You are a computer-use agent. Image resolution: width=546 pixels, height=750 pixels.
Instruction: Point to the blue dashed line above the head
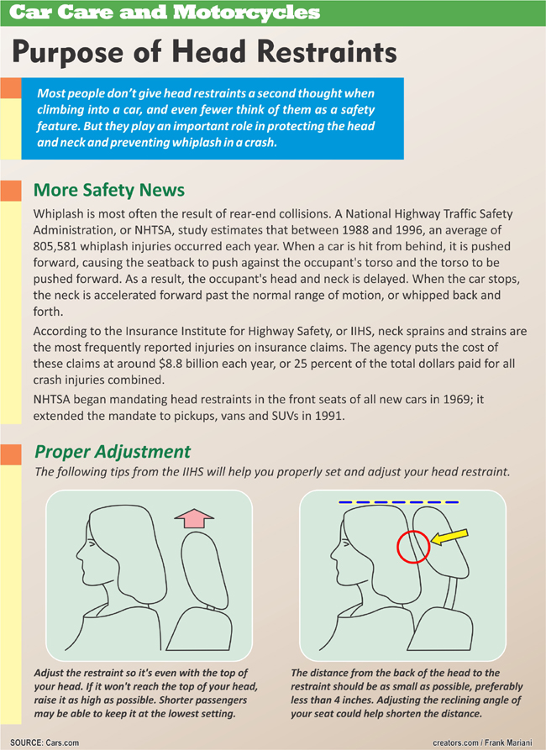click(398, 502)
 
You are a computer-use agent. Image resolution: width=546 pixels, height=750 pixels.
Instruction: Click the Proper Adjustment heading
click(113, 452)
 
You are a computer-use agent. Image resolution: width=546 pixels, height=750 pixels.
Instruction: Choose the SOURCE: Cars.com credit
click(50, 742)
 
